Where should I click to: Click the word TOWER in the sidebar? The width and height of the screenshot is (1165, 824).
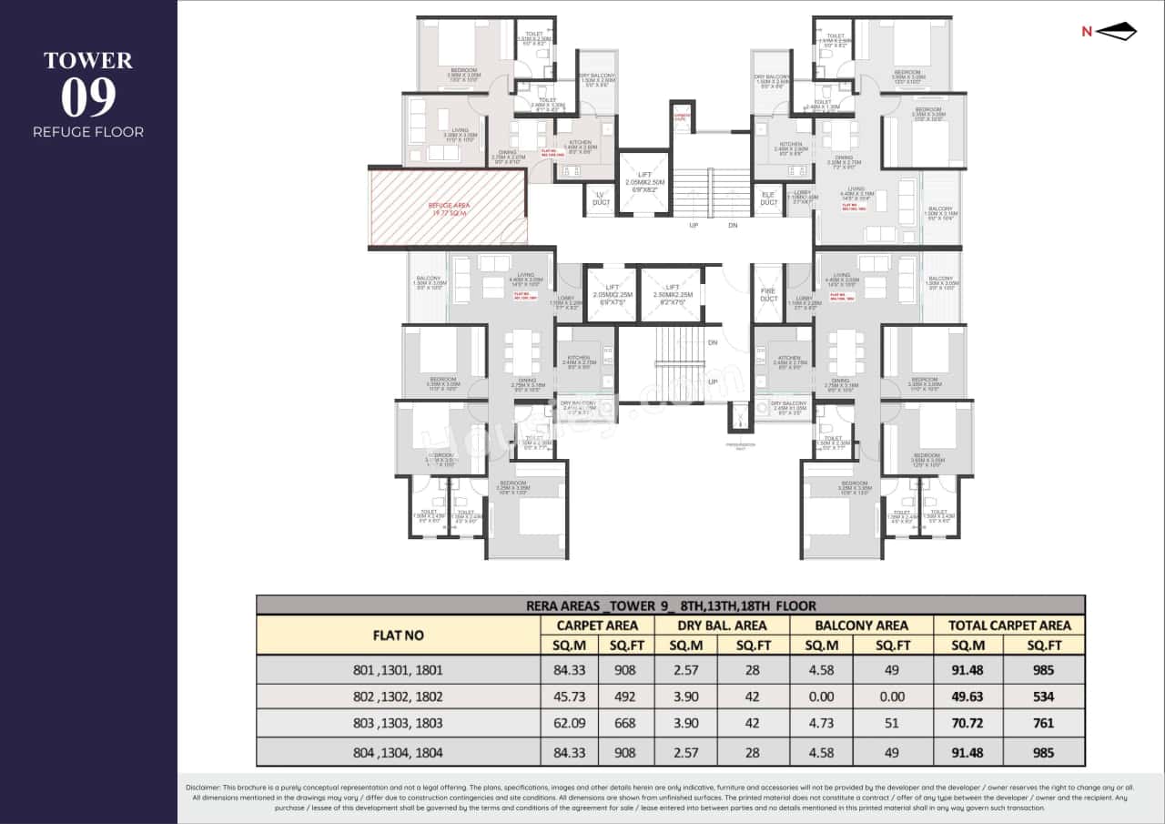88,61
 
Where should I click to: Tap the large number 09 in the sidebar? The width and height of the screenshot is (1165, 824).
88,97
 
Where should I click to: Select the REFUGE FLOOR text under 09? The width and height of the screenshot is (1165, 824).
88,132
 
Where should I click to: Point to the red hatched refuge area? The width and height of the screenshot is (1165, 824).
448,208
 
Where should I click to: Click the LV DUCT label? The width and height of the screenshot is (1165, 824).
600,198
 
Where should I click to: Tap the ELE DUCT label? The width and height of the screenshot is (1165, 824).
769,198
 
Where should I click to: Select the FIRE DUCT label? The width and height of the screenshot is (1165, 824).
768,294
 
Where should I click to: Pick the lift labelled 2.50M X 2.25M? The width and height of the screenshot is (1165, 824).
671,294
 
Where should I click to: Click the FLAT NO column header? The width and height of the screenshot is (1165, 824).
398,635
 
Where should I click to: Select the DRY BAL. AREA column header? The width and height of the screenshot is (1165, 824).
722,626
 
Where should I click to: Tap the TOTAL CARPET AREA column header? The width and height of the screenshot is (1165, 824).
1009,626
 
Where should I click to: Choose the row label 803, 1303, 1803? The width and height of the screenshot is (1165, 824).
398,724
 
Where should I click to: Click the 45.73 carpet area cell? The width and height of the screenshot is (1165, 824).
569,697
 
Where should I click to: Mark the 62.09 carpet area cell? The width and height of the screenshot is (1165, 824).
569,724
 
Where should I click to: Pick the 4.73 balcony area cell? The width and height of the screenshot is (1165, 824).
821,724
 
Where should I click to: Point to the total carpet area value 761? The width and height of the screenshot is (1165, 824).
1043,724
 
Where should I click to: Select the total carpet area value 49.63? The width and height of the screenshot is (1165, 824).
967,697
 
